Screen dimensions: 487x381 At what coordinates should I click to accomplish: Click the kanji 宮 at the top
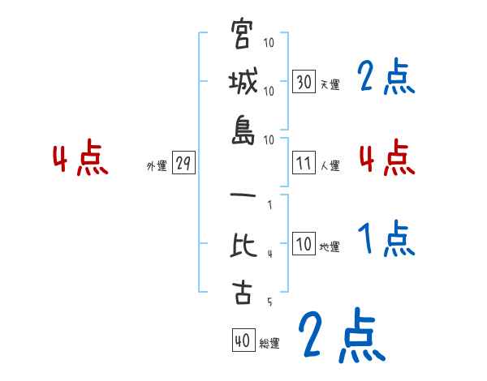(x=243, y=35)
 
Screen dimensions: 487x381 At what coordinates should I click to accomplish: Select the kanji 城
(x=243, y=83)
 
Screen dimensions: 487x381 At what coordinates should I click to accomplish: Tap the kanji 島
(x=243, y=131)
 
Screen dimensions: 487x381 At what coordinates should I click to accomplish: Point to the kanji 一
(x=243, y=197)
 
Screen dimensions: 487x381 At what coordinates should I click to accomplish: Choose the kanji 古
(x=243, y=293)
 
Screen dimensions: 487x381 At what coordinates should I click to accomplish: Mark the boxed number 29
(x=183, y=164)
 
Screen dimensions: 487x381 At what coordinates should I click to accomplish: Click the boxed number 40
(x=242, y=341)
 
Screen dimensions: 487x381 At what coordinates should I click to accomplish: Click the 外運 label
(x=157, y=166)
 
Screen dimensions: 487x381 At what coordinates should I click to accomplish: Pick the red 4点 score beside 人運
(x=386, y=157)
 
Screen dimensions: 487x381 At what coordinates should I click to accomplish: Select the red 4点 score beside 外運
(x=80, y=159)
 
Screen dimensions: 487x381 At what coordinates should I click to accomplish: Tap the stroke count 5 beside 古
(x=269, y=302)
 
